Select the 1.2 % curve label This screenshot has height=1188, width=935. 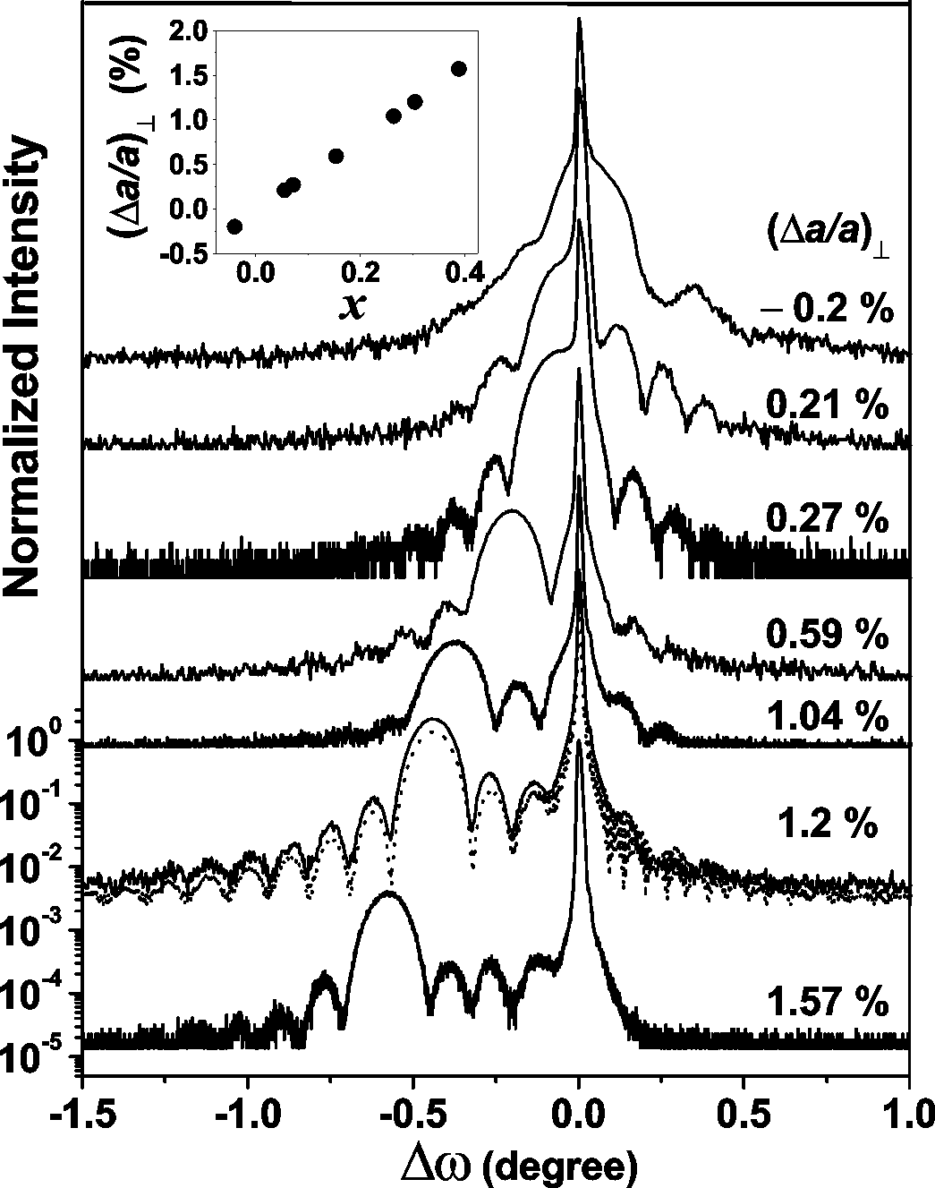click(826, 824)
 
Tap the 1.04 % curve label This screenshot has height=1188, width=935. click(826, 718)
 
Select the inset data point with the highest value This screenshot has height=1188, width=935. click(458, 69)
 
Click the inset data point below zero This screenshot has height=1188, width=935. click(235, 226)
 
